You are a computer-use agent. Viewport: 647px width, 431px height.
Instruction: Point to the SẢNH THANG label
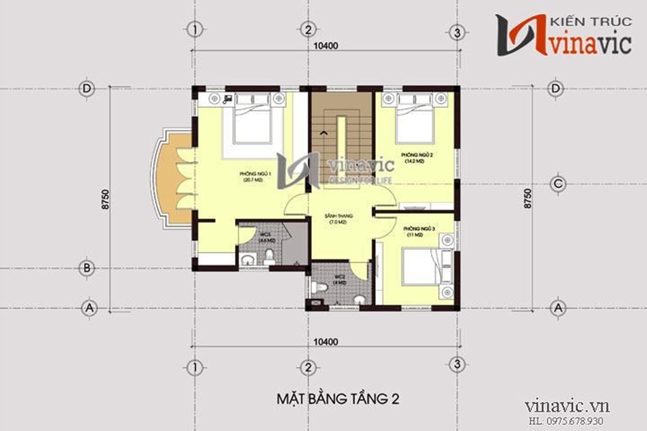coord(337,218)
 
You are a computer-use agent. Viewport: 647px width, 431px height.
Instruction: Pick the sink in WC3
coord(247,260)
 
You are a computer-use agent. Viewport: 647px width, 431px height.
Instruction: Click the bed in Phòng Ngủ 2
coord(414,119)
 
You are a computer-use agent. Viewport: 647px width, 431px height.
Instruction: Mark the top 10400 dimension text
coord(326,46)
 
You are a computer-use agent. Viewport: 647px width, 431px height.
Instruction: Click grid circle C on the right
coord(557,184)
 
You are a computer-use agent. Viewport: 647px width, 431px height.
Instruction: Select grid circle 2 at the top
coord(308,30)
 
